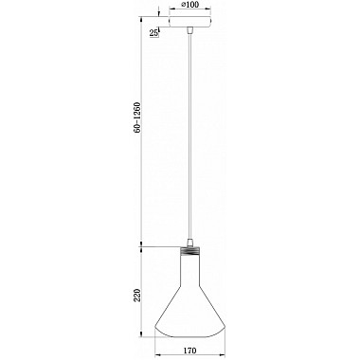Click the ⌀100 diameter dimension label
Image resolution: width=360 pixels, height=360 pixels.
click(x=189, y=5)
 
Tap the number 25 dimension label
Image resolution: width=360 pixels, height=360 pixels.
click(x=153, y=33)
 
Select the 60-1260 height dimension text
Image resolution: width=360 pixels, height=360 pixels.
click(x=137, y=117)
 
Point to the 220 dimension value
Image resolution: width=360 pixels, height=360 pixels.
click(x=137, y=296)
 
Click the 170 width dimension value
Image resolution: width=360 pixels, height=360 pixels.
click(x=189, y=351)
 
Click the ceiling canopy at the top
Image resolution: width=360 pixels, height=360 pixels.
click(x=189, y=22)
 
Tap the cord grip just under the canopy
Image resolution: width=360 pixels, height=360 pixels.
click(x=189, y=30)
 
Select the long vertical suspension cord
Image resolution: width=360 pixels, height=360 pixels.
click(x=189, y=135)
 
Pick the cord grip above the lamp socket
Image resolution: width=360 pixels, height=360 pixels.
click(x=189, y=243)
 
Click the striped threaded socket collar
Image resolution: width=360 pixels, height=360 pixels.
click(x=189, y=252)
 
